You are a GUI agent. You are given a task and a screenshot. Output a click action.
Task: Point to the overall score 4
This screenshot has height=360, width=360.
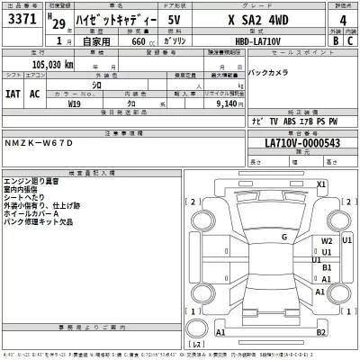coord(343,22)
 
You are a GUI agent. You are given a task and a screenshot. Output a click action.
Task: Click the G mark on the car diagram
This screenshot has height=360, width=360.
coord(283,237)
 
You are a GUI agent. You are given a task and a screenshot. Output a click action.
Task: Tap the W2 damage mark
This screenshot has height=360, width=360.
coord(327,242)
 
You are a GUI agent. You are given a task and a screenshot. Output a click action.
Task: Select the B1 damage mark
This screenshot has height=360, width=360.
coord(328,267)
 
